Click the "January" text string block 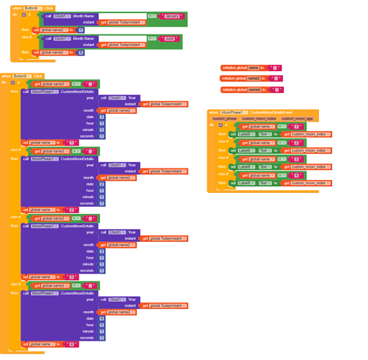point(172,16)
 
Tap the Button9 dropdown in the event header point(32,8)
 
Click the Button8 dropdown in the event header point(21,76)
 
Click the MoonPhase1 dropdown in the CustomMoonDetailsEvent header point(233,112)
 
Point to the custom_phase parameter point(224,119)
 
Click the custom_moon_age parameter point(297,119)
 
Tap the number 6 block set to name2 point(81,53)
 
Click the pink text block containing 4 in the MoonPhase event point(295,175)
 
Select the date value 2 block point(102,184)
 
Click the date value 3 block point(102,251)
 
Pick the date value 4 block point(102,318)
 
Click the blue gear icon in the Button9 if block point(23,14)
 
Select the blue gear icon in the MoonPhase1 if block point(220,125)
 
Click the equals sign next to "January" point(151,16)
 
